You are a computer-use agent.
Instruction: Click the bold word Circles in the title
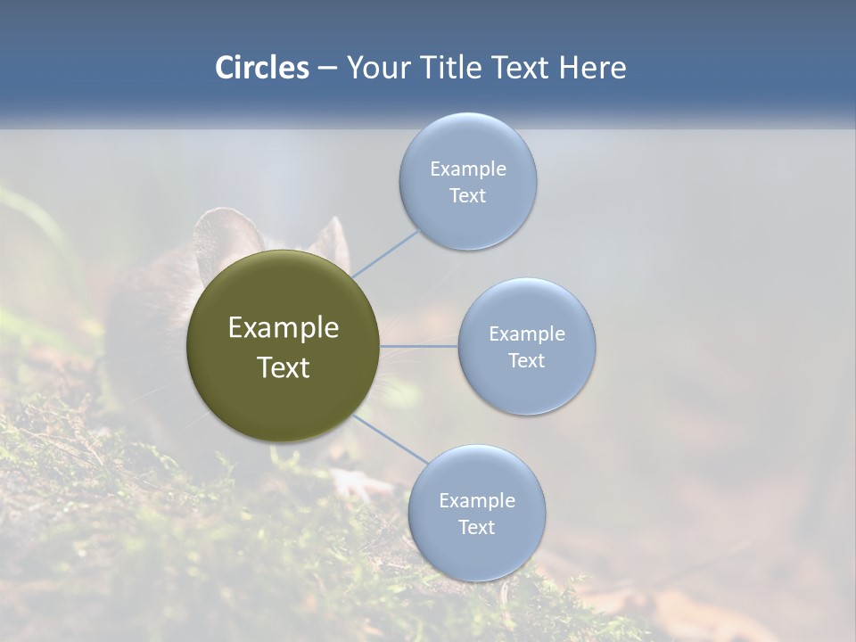coord(261,68)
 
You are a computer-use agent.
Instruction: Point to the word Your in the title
coord(379,68)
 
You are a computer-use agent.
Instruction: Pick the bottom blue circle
coord(477,553)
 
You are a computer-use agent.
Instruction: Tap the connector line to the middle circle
coord(419,346)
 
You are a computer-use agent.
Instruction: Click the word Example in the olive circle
coord(284,328)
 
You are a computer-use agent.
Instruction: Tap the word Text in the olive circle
coord(284,367)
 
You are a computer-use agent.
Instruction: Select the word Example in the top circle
coord(468,169)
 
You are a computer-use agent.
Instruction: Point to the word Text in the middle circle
coord(527,360)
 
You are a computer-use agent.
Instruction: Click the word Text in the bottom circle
coord(477,527)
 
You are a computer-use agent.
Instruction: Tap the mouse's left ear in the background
coord(223,236)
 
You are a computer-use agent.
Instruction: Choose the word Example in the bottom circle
coord(477,500)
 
